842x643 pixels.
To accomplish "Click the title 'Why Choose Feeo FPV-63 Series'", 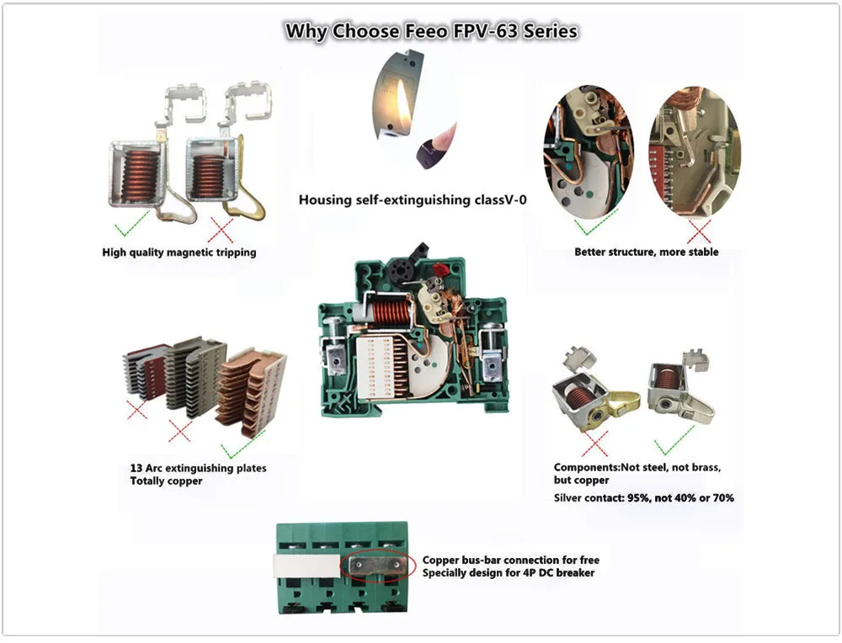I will tap(431, 32).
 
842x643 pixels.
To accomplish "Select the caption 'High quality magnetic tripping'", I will tap(179, 252).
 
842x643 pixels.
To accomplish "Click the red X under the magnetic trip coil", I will tap(221, 228).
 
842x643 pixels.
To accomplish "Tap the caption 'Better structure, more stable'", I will tap(646, 252).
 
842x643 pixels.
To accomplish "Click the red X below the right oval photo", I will tap(698, 230).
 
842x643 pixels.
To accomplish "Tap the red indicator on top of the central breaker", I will tap(438, 269).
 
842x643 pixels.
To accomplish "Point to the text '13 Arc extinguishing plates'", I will tap(198, 468).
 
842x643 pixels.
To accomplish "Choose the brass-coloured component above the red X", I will tap(619, 407).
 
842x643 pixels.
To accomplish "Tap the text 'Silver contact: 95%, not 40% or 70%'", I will tap(643, 498).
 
